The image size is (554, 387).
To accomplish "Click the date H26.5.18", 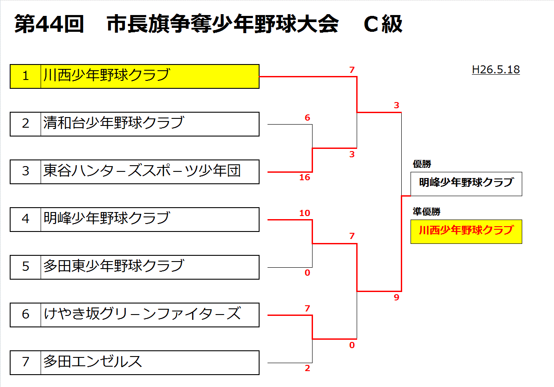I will point(495,70).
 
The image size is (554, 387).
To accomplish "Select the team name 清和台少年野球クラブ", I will point(113,123).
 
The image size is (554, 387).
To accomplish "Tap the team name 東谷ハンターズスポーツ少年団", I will point(142,171).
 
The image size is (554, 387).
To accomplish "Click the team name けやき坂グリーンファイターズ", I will point(142,314).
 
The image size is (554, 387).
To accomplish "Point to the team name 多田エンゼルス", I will point(93,361).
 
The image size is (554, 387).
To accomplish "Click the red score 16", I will point(305,178).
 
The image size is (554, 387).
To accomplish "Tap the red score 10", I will point(305,213).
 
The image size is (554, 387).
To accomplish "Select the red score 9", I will point(396,298).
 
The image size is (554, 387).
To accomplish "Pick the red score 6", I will point(307,118).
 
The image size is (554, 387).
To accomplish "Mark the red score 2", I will point(307,368).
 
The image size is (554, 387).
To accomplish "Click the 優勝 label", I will point(422,164).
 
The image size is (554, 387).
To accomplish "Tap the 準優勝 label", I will point(426,212).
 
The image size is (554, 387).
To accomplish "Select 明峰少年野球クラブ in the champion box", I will point(466,183).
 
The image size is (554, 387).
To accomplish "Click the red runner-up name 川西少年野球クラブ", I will point(466,231).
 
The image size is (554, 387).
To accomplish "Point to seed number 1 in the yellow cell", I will point(26,76).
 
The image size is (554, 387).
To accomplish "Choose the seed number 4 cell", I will point(26,219).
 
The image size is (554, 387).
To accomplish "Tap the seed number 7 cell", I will point(26,362).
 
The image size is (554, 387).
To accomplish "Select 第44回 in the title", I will point(49,24).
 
